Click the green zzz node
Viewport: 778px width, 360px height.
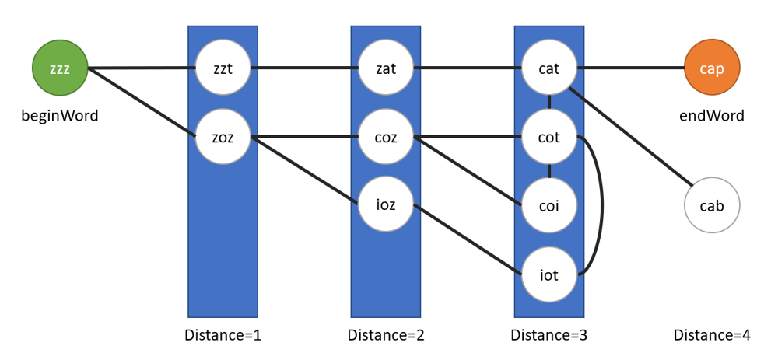point(60,68)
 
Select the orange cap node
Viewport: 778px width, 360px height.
point(712,68)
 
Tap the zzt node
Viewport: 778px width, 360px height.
point(223,68)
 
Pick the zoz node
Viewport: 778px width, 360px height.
point(223,138)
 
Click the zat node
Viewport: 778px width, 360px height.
point(386,68)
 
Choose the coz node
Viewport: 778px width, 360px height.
point(386,138)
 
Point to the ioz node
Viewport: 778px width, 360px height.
point(386,206)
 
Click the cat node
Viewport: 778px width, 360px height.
point(549,68)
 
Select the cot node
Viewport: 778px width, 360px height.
point(549,138)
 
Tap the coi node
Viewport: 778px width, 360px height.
point(549,206)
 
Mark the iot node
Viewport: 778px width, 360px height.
point(549,274)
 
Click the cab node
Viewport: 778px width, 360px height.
point(712,206)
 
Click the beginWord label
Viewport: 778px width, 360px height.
point(60,116)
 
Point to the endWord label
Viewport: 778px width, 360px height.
point(712,116)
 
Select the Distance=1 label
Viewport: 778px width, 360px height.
point(223,335)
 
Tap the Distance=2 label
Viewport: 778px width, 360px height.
point(386,335)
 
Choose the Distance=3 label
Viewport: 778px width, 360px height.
point(549,335)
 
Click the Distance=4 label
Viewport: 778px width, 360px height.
point(712,335)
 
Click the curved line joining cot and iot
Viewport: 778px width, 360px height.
point(601,206)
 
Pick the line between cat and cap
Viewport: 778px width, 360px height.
point(630,68)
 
